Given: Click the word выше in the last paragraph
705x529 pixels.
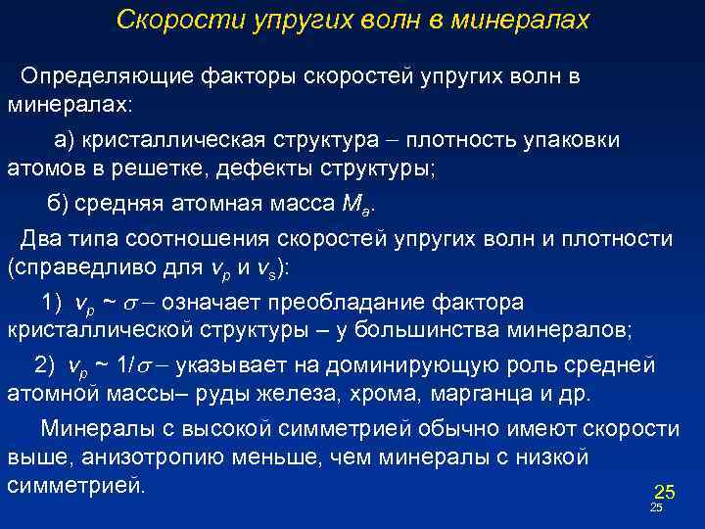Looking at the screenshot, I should pyautogui.click(x=31, y=457).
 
